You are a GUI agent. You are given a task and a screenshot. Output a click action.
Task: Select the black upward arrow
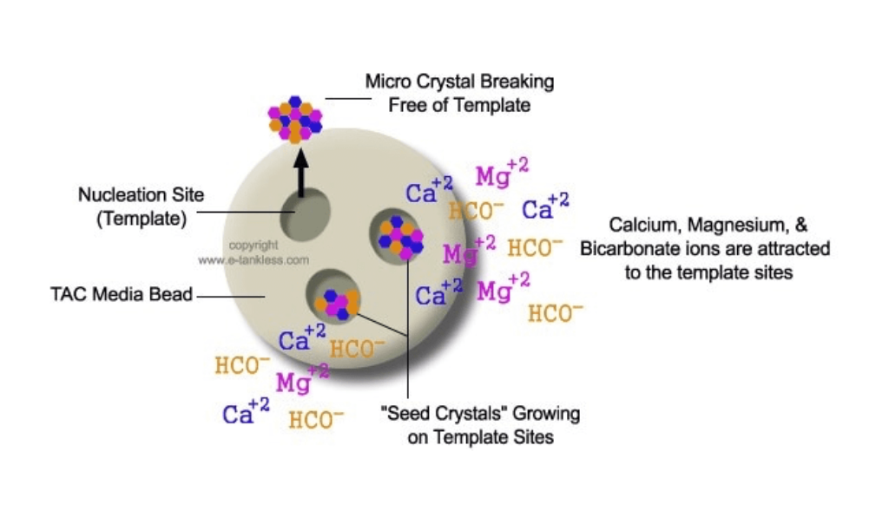(301, 174)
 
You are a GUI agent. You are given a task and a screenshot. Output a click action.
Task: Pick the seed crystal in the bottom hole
(338, 300)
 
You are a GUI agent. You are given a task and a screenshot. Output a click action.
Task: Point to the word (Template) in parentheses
(141, 219)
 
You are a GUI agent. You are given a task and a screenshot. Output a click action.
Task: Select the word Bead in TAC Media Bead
(172, 296)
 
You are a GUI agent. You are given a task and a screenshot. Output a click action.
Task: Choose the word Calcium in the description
(643, 226)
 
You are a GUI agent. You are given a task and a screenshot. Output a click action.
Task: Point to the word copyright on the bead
(254, 246)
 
